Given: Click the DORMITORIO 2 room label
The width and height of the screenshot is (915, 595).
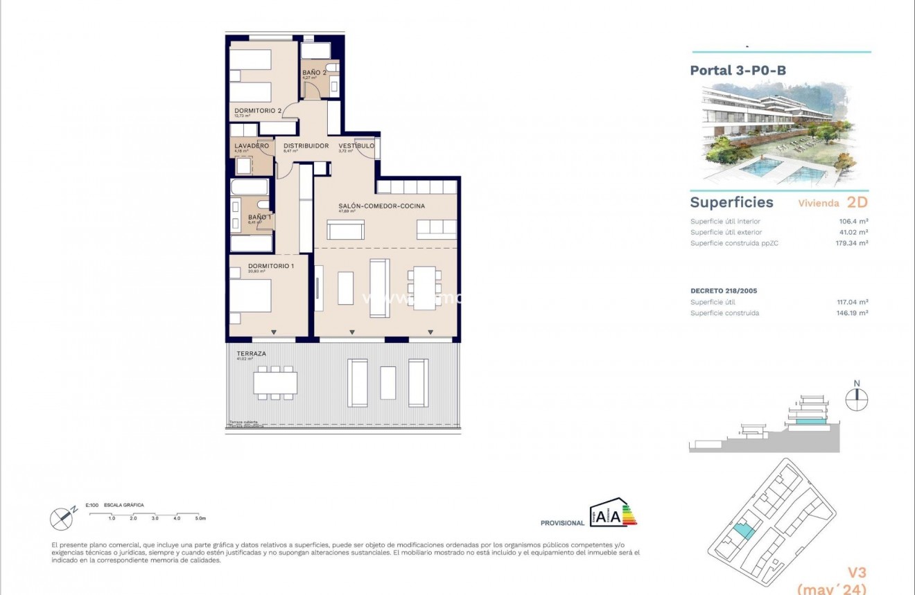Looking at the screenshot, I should coord(258,111).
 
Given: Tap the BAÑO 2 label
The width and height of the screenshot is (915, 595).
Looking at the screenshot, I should coord(314,73).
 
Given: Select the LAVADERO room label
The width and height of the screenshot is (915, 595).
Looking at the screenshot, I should coord(251,146).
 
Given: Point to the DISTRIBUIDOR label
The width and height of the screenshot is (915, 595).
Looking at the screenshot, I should coord(306,146).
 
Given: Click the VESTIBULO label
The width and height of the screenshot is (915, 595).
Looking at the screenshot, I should coord(356,146).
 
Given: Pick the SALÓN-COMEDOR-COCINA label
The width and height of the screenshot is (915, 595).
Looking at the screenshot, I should coord(381,206).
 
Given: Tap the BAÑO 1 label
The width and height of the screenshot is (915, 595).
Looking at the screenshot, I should coord(259,217).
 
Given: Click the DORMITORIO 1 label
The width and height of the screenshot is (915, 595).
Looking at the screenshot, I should coord(252,266).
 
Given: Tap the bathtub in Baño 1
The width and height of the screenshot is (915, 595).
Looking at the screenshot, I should coord(250,187).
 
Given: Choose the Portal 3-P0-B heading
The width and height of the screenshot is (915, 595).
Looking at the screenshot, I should coord(738,70).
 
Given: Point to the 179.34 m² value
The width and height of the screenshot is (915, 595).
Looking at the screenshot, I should coord(852,243).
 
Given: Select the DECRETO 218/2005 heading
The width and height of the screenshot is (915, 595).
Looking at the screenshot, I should coord(724,291).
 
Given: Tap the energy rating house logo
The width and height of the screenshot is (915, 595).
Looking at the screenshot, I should coord(604,515).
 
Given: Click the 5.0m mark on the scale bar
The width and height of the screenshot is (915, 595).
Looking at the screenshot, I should coord(201,518).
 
